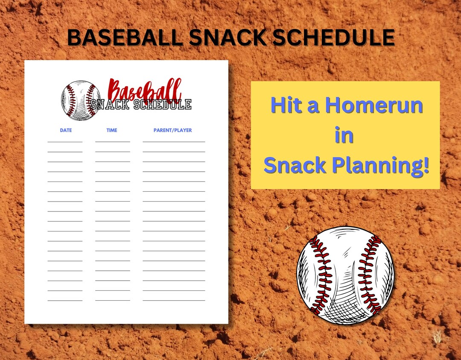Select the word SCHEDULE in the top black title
pos(334,38)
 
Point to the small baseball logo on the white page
pos(81,100)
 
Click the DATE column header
pos(66,130)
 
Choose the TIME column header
pos(112,130)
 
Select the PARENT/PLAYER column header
pos(173,130)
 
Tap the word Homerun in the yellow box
pos(373,105)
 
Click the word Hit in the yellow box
pos(286,105)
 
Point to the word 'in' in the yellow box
pos(344,136)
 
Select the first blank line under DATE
pos(65,141)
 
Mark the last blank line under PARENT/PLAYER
pos(174,301)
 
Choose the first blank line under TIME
pos(112,141)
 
